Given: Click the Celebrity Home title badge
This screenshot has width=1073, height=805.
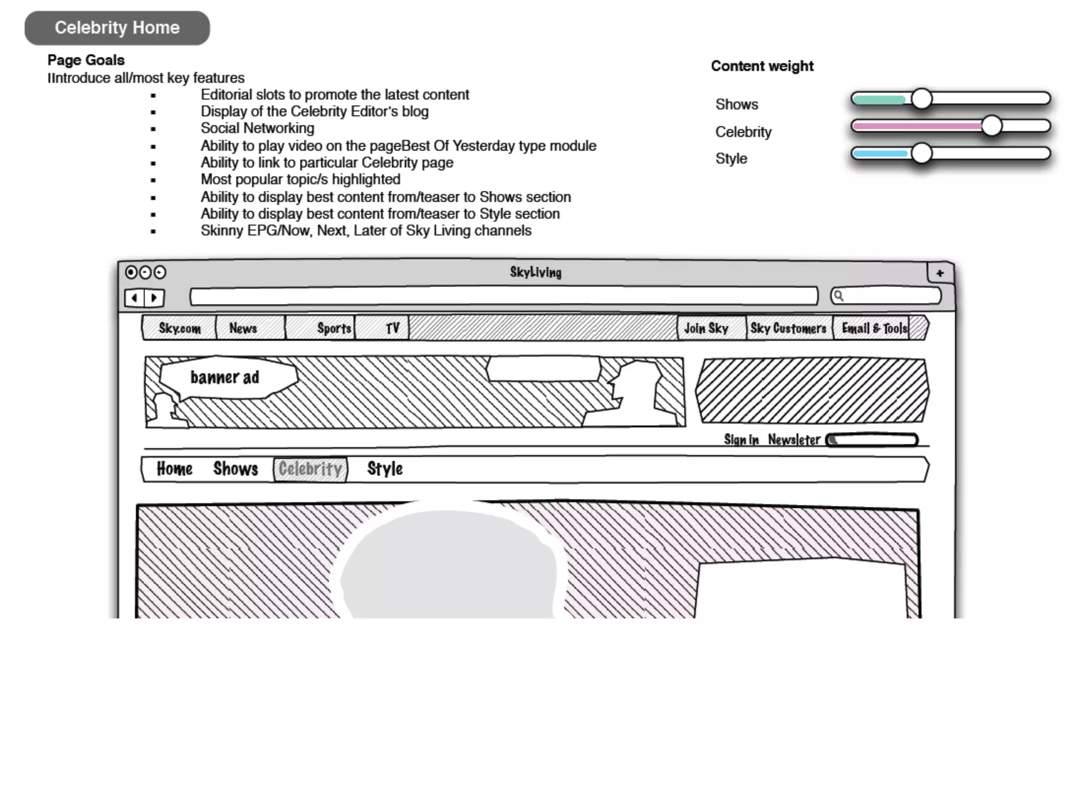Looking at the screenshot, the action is tap(117, 28).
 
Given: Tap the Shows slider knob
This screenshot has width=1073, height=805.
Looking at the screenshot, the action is tap(922, 99).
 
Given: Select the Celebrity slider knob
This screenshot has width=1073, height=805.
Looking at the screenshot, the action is tap(991, 126).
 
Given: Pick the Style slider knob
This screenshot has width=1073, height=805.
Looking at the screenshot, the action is tap(922, 154).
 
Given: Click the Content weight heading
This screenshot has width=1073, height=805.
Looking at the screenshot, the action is tap(762, 66).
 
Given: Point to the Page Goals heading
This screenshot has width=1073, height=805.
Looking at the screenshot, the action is tap(86, 60).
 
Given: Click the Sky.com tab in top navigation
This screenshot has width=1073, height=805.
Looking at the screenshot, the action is tap(179, 329).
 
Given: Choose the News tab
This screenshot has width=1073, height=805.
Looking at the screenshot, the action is tap(243, 329).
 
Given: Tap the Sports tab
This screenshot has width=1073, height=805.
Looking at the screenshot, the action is tap(334, 329).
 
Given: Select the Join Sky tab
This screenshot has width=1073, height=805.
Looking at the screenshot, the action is tap(706, 329).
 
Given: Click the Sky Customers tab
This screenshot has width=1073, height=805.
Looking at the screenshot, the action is tap(788, 329).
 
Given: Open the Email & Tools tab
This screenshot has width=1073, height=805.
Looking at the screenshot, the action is tap(874, 329).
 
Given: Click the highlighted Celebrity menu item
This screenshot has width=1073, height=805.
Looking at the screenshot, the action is tap(310, 469).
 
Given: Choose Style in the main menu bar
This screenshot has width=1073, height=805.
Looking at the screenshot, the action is tap(385, 469).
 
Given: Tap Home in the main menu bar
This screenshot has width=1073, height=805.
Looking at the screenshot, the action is tap(174, 469).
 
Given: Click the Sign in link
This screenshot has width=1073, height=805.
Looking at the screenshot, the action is tap(741, 440).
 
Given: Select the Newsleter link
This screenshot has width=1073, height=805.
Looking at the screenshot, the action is tap(794, 440).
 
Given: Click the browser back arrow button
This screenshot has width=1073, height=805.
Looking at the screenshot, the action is tap(135, 298).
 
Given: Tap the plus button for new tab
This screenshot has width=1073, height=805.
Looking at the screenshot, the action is tap(940, 273).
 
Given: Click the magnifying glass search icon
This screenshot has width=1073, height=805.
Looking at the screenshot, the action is tap(839, 296).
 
